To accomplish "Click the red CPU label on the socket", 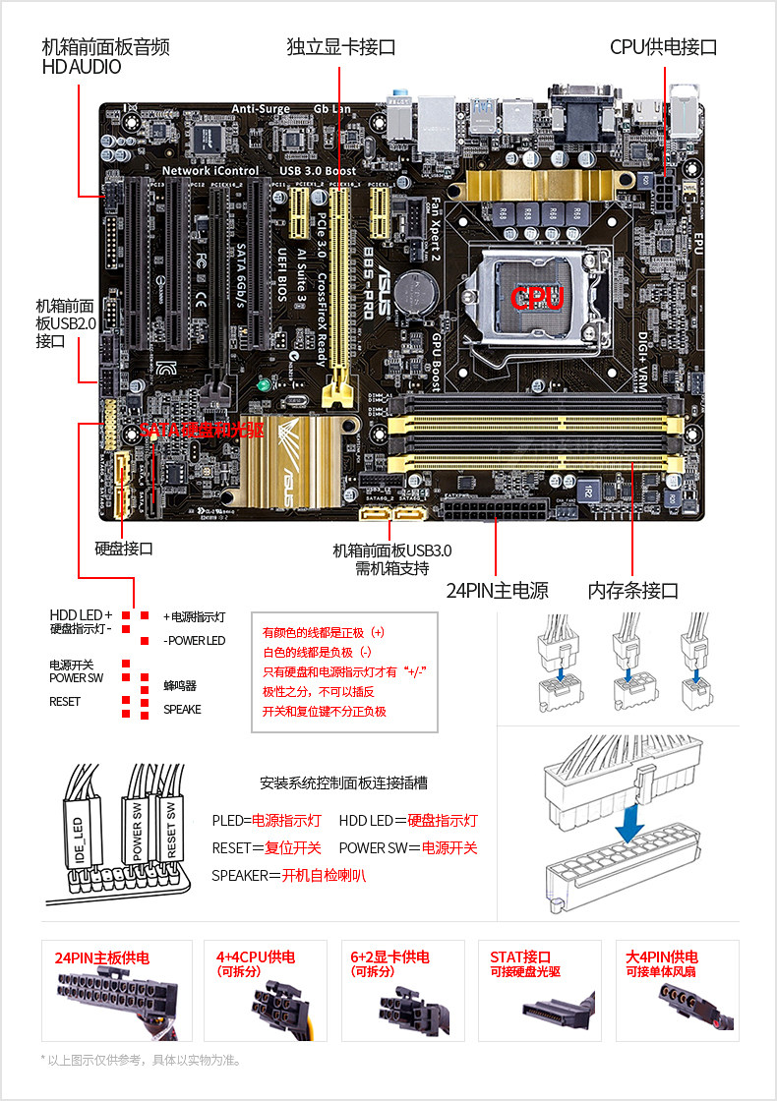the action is [x=537, y=298].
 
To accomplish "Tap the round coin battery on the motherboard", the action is [x=423, y=288].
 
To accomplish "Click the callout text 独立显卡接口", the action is [x=340, y=46].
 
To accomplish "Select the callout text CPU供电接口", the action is [x=663, y=46].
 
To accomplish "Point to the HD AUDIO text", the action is [x=82, y=68].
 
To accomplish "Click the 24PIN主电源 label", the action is [x=497, y=591].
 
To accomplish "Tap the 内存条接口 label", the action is [x=633, y=591].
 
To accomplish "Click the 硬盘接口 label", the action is [x=124, y=549].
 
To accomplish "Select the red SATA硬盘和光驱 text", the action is [x=202, y=430].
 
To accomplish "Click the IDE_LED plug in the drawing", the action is [x=80, y=832].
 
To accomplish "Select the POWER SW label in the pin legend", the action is [x=76, y=678].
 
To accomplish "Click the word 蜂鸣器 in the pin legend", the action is [x=180, y=685].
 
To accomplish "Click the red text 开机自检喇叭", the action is [x=324, y=875].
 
